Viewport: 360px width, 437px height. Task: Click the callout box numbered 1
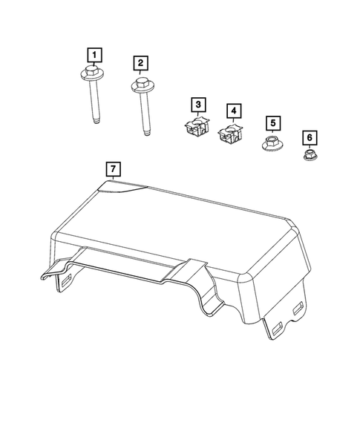94,53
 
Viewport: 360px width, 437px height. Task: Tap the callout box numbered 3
197,104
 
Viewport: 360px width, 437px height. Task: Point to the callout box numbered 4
234,111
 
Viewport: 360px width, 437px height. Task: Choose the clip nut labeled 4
231,136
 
